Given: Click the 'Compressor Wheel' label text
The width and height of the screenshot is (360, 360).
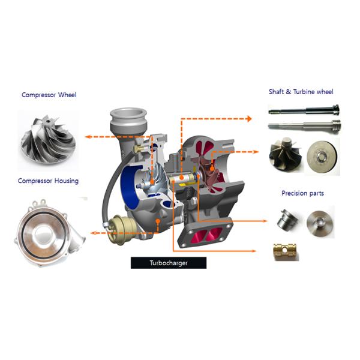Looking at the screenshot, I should click(x=49, y=95).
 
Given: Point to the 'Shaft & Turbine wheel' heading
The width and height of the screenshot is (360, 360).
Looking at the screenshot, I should click(x=301, y=92).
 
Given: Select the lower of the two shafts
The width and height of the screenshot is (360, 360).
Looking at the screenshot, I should click(x=304, y=126).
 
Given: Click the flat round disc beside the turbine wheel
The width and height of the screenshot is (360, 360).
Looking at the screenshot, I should click(x=322, y=155).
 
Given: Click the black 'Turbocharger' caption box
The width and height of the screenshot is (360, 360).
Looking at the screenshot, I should click(x=168, y=263).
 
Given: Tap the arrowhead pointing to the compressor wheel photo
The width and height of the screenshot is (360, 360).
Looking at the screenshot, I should click(x=88, y=137).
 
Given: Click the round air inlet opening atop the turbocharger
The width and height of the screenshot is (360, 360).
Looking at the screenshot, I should click(x=127, y=113).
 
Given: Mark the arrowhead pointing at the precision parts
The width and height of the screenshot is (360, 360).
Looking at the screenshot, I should click(x=257, y=220).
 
